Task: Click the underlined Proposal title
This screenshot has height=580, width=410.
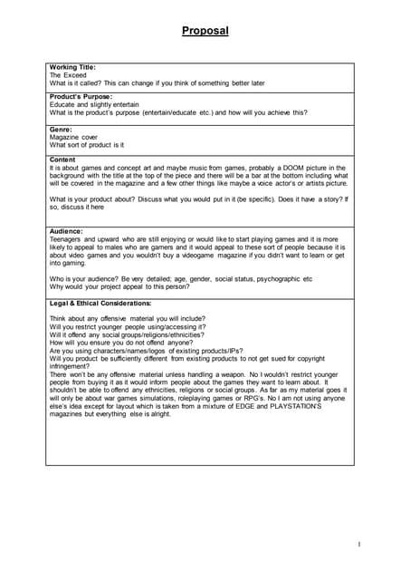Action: tap(205, 31)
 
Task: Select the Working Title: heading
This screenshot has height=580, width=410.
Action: tap(72, 67)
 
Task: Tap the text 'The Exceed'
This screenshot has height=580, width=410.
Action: tap(68, 75)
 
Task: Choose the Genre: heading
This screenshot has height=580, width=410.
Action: tap(61, 129)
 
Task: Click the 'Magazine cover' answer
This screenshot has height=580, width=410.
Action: tap(73, 137)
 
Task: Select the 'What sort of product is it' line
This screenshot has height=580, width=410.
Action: tap(87, 145)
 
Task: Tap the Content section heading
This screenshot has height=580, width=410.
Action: tap(63, 159)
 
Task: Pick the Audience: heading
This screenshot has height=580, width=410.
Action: tap(66, 231)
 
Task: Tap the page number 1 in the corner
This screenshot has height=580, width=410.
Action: tap(359, 545)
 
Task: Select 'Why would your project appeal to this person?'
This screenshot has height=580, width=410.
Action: tap(119, 286)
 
